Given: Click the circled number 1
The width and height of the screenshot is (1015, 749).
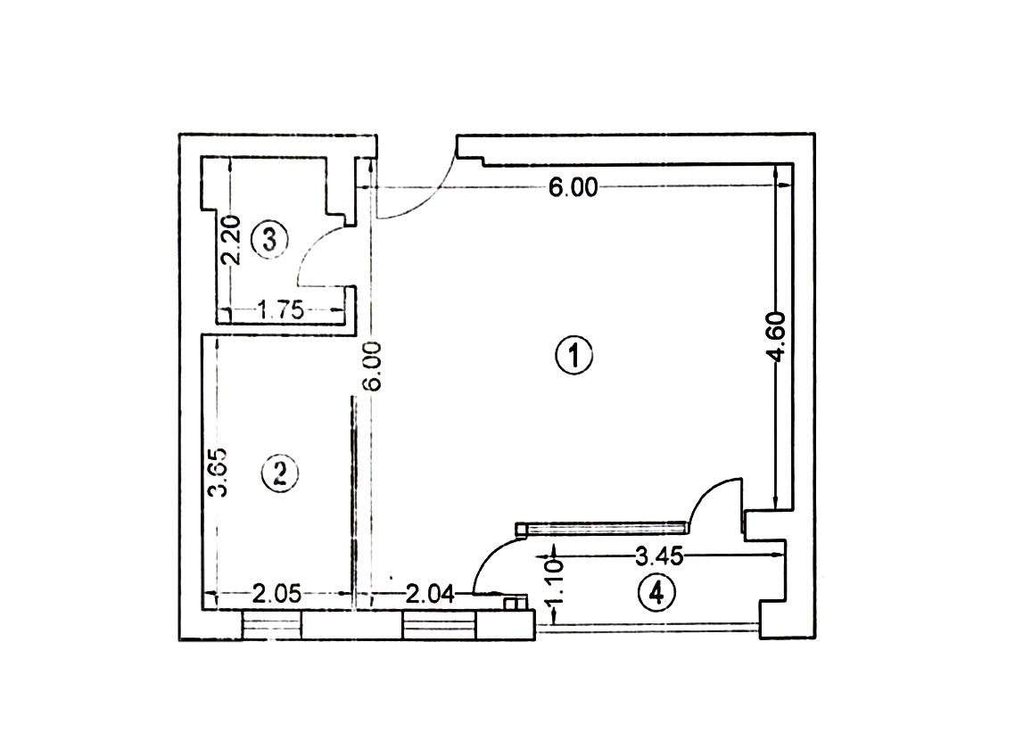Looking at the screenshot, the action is coord(574,355).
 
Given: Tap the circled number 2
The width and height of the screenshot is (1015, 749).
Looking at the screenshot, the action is coord(280,473).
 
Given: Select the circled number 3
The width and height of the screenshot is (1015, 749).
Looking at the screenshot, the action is coord(268,240).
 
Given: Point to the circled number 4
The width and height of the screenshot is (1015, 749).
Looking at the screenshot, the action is coord(656,592).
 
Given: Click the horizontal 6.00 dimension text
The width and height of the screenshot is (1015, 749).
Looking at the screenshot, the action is coord(573,188).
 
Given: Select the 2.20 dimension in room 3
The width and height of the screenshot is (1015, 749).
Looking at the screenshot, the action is coord(231,240).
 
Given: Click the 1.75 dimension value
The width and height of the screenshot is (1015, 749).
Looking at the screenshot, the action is coord(281,310).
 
